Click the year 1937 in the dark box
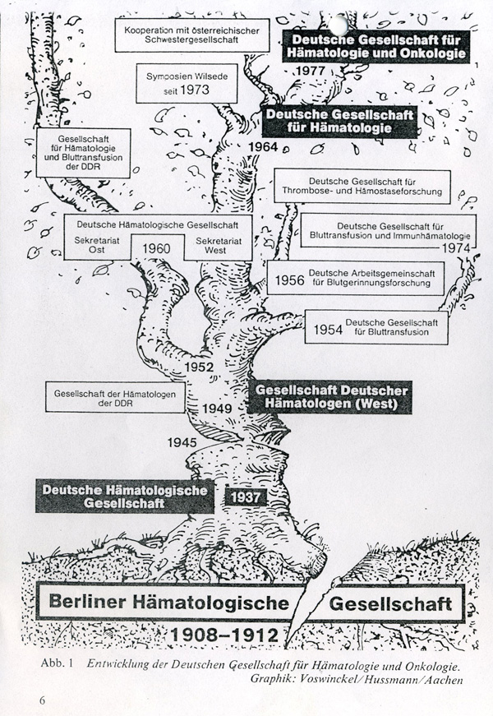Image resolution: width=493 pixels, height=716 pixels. [x=246, y=497]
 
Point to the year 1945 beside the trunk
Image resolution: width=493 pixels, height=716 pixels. [x=182, y=442]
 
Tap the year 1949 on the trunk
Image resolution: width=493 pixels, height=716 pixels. [x=217, y=409]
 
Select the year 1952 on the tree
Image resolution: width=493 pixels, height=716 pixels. [x=199, y=367]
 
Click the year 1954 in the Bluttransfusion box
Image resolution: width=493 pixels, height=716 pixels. [x=328, y=330]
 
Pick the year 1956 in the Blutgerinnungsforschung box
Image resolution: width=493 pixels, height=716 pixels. [x=289, y=280]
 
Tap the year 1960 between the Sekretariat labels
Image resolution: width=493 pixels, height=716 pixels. [x=157, y=248]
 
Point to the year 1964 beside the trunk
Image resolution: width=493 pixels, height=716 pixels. [x=263, y=146]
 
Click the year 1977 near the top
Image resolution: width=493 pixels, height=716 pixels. [x=311, y=71]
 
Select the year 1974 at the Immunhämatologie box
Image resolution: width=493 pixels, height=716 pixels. [x=456, y=248]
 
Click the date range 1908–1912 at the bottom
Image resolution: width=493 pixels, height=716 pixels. [x=224, y=635]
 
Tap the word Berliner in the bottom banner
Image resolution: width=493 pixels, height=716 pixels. [x=88, y=602]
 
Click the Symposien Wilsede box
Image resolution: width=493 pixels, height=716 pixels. [x=187, y=83]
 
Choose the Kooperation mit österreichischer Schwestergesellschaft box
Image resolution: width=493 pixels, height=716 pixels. [x=192, y=35]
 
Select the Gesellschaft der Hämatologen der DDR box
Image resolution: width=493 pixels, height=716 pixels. [x=115, y=398]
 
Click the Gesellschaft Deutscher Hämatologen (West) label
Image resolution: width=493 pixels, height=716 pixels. [x=329, y=397]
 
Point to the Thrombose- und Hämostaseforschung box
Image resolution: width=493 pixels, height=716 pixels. [x=362, y=187]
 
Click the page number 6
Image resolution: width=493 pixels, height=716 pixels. [x=43, y=700]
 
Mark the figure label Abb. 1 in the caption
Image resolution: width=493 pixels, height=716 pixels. [x=57, y=663]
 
